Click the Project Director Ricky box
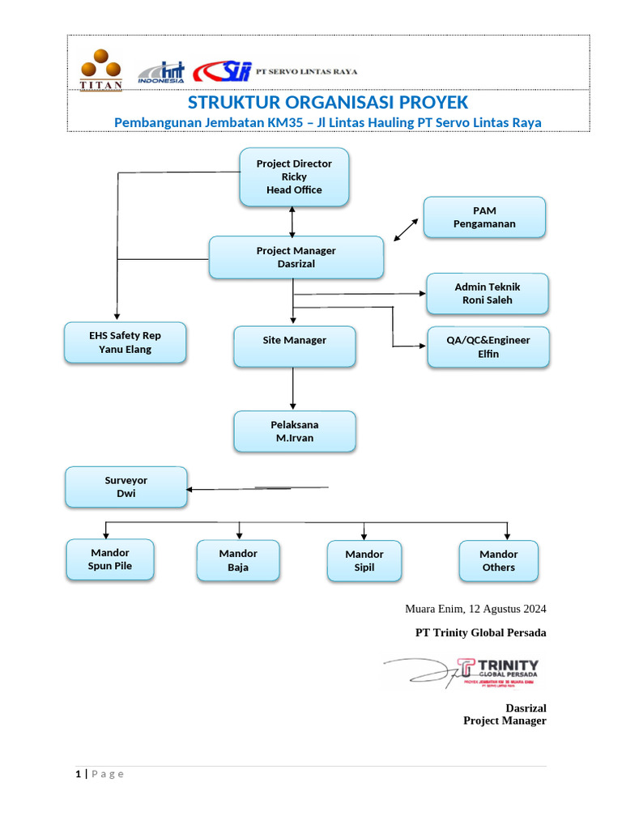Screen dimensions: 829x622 pos(294,176)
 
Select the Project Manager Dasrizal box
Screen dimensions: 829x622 pos(296,257)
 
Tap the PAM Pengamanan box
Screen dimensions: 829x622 pos(484,217)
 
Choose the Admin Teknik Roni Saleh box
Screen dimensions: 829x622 pos(488,293)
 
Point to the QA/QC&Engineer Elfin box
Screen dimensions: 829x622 pos(488,346)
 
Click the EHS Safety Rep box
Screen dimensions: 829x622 pos(126,342)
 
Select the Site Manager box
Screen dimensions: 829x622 pos(295,346)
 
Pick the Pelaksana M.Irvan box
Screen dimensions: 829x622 pos(295,432)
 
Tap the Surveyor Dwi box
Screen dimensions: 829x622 pos(126,487)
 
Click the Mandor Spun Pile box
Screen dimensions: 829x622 pos(110,559)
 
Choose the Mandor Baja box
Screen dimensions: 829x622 pos(238,560)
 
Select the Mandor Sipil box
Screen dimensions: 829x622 pos(364,560)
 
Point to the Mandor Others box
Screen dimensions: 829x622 pos(498,560)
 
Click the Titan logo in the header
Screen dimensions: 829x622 pos(101,70)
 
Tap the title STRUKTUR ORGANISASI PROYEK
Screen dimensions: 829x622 pos(327,103)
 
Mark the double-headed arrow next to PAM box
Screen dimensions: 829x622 pos(406,230)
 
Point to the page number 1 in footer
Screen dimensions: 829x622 pos(79,774)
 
